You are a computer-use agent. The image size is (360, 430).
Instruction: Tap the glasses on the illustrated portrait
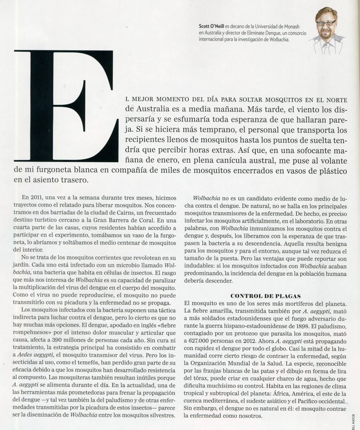tap(325, 23)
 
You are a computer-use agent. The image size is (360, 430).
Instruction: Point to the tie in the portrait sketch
tap(327, 47)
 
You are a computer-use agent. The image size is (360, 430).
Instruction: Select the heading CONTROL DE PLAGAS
tap(265, 296)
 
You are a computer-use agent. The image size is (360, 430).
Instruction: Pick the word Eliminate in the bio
tap(261, 33)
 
